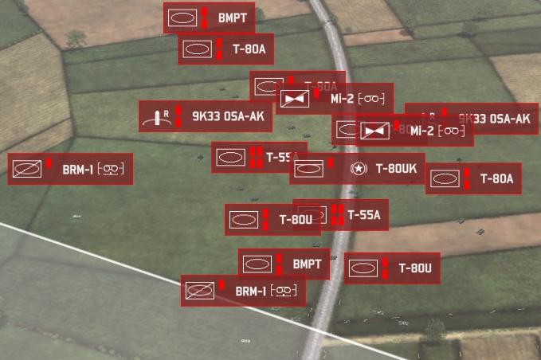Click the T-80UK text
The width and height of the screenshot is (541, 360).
click(396, 169)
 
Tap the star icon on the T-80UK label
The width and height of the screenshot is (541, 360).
click(359, 168)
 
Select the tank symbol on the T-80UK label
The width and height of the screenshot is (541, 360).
click(308, 168)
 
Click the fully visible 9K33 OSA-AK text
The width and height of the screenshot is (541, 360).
click(227, 116)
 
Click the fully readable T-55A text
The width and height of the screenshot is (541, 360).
click(364, 215)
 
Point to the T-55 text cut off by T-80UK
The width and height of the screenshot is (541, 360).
click(281, 157)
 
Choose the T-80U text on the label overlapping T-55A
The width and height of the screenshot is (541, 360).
click(296, 220)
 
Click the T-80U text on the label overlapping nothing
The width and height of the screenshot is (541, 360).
click(415, 268)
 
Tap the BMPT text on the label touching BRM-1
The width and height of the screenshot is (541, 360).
click(306, 264)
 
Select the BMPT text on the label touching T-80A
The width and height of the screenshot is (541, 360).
click(232, 17)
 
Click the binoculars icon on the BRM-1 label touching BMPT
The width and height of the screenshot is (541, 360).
click(284, 292)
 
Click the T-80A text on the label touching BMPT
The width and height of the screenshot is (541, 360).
click(249, 49)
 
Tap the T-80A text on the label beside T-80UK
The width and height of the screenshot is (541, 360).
click(496, 179)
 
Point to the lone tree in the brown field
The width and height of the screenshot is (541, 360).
click(76, 37)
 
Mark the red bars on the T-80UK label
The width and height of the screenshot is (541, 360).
click(331, 168)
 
